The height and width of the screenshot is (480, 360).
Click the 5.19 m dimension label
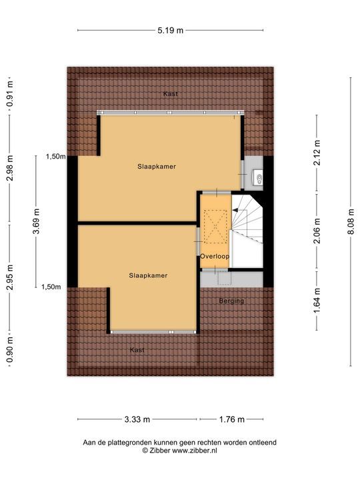click(170, 30)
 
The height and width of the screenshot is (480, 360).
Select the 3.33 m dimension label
click(137, 419)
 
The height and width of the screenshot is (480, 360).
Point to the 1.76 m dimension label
click(231, 419)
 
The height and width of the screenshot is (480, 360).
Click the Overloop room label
click(215, 256)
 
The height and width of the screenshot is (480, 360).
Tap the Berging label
click(232, 301)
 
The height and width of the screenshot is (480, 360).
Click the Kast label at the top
click(170, 94)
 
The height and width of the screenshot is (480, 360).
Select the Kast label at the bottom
click(137, 349)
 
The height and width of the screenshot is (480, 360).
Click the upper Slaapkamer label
click(157, 167)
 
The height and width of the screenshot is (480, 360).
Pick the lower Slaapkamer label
click(148, 275)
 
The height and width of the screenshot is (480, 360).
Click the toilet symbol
click(258, 177)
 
